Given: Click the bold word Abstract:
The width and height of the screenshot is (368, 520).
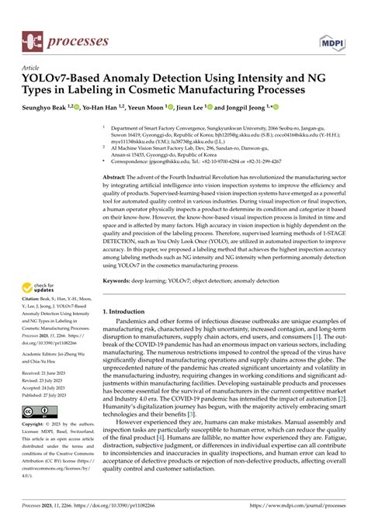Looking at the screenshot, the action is [118, 178].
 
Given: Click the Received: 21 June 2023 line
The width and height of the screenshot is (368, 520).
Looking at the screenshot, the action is [47, 374].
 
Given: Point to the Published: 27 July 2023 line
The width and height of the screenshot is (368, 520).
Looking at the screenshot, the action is [48, 395].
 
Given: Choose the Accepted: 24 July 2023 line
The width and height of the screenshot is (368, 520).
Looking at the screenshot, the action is [47, 388].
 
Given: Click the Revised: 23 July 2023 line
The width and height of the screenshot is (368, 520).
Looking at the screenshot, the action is [45, 381].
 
